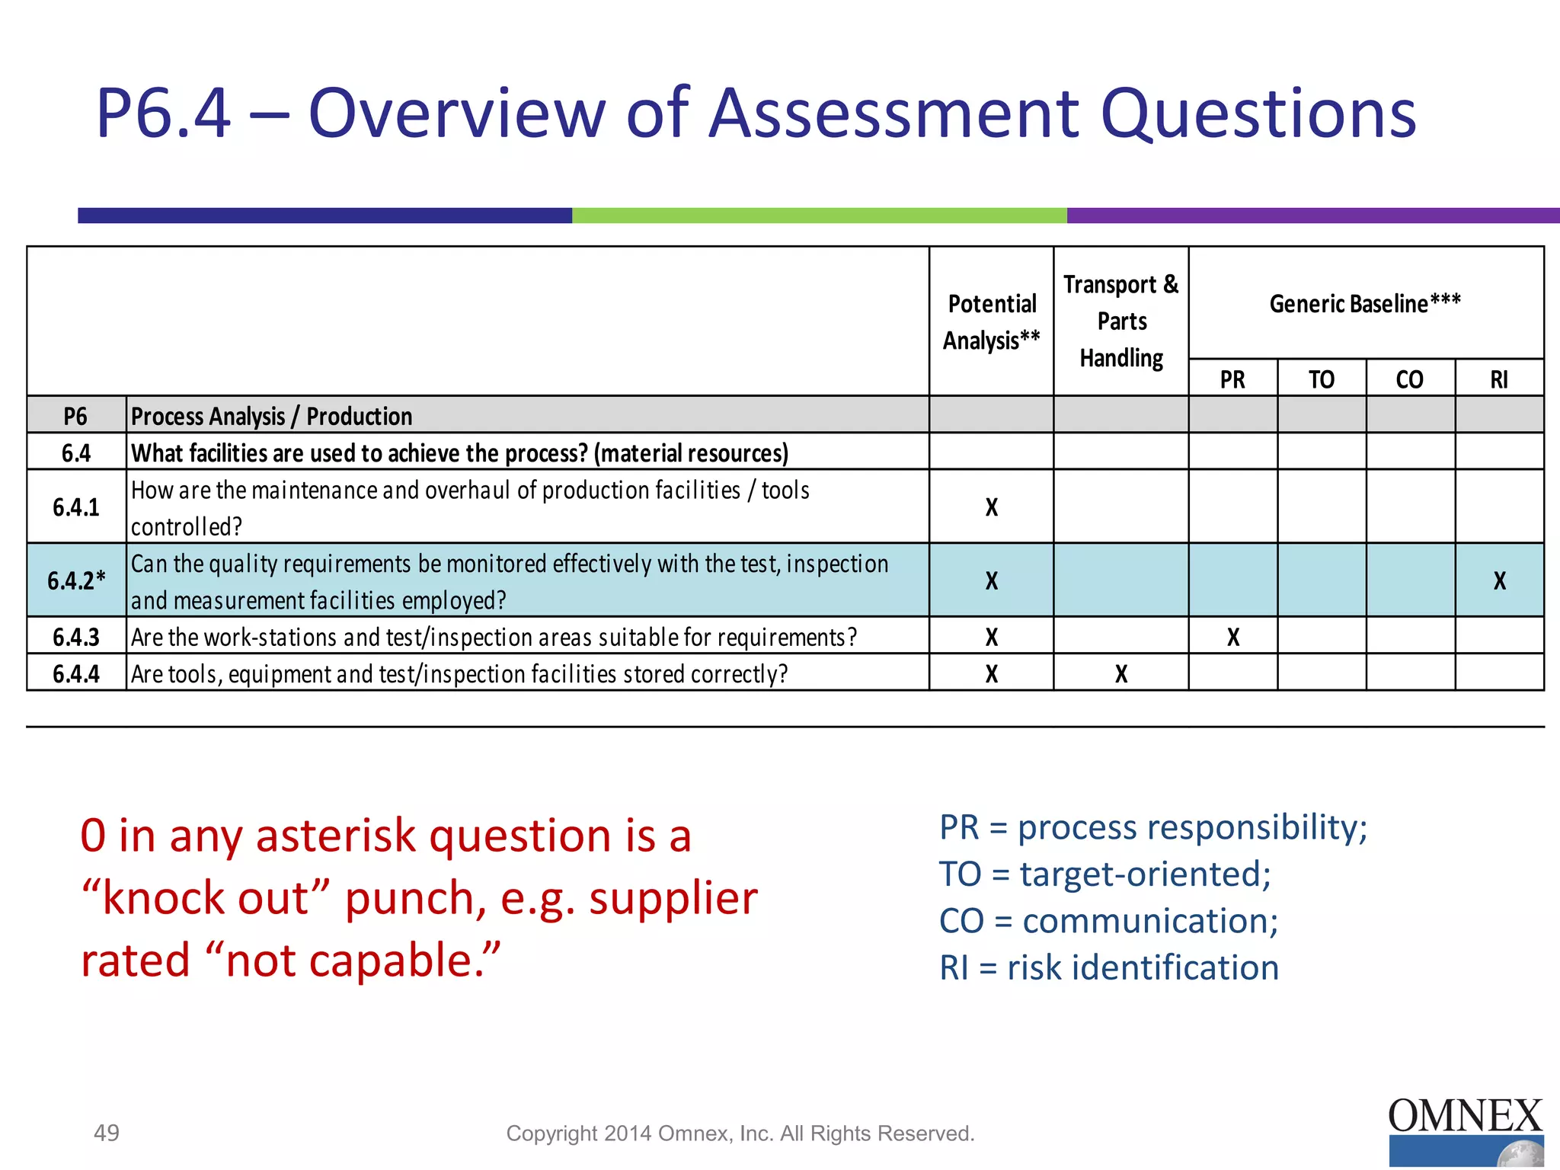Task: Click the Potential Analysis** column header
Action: (991, 321)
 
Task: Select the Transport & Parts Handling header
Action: (1121, 321)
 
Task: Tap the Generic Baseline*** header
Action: (1365, 303)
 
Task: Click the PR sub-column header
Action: (1232, 379)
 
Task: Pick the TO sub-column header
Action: (1322, 379)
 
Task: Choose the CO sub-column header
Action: (1410, 379)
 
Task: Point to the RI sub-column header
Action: (1499, 379)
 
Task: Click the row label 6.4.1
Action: (76, 507)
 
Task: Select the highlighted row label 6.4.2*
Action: (76, 580)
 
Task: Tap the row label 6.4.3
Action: (76, 637)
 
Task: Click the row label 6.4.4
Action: (76, 673)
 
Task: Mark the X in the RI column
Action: (1499, 580)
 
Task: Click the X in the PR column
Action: (1233, 637)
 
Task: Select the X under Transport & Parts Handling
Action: (1121, 673)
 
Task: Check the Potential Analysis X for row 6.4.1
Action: (991, 507)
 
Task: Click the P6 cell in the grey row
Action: (75, 416)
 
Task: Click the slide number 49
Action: (107, 1133)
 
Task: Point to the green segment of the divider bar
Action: (819, 216)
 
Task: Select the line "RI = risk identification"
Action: (1109, 967)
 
